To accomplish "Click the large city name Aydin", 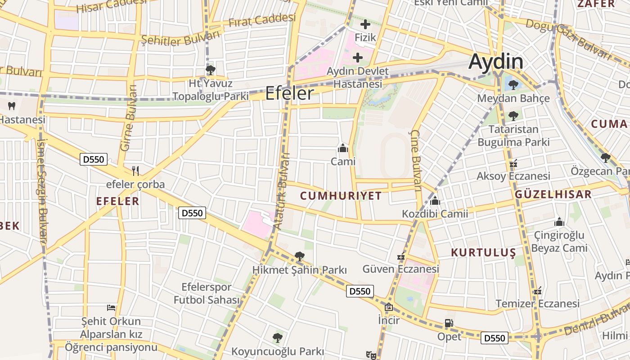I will coord(496,62).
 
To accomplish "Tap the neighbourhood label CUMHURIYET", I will coord(341,196).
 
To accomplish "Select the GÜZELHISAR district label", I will coord(553,194).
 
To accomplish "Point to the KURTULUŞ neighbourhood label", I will coord(483,252).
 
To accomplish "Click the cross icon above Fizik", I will coord(365,24).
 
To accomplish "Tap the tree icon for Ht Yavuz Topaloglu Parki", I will coord(210,70).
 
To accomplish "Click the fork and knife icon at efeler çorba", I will coord(135,171).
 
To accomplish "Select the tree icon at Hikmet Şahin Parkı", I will coord(299,256).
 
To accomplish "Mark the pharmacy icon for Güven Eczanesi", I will coord(400,257).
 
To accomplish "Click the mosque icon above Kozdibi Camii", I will coord(435,201).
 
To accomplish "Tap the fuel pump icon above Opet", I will coord(449,323).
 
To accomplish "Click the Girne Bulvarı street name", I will coord(128,118).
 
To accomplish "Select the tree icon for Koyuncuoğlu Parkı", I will coord(278,337).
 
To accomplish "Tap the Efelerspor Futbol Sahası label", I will coord(207,293).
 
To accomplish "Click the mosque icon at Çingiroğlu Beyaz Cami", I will coord(559,221).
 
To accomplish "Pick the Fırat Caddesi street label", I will coord(262,20).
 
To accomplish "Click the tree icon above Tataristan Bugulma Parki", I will coord(513,116).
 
